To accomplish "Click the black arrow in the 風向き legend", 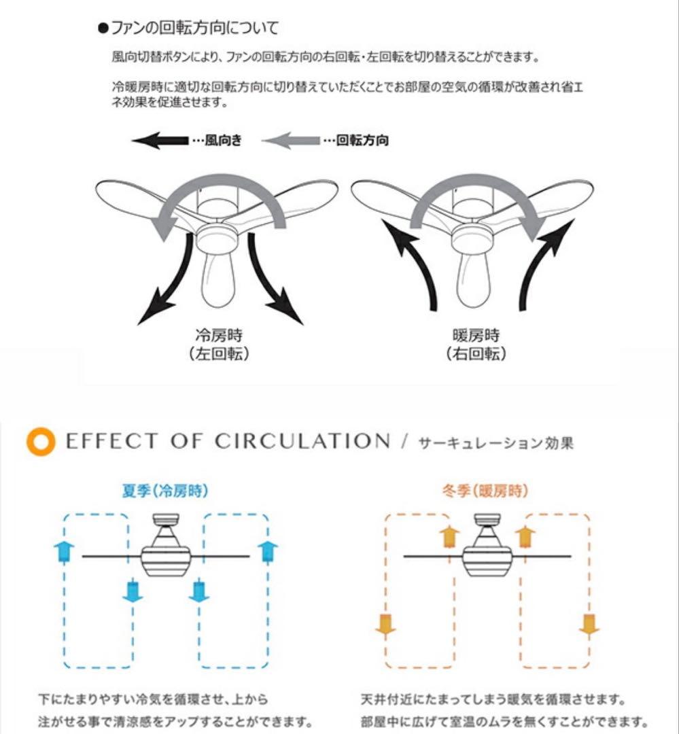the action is [x=160, y=141].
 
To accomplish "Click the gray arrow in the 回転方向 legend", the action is [x=291, y=141].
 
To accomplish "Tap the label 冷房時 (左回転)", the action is [x=219, y=345].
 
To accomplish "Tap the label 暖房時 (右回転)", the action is [x=476, y=345].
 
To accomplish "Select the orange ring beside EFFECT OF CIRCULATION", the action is [x=41, y=442].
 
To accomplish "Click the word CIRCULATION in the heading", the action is [x=302, y=442].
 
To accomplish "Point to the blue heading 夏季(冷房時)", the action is [x=165, y=491].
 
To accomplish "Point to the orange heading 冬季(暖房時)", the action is [x=485, y=491].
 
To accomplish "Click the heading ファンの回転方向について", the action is [x=188, y=28].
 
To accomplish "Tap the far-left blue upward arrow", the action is [x=64, y=551].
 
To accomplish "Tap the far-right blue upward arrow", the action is [x=268, y=551].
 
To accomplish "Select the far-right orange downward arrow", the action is [x=589, y=625].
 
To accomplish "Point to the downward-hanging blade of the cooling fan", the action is [x=217, y=280].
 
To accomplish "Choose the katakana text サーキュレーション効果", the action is [x=495, y=443].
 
